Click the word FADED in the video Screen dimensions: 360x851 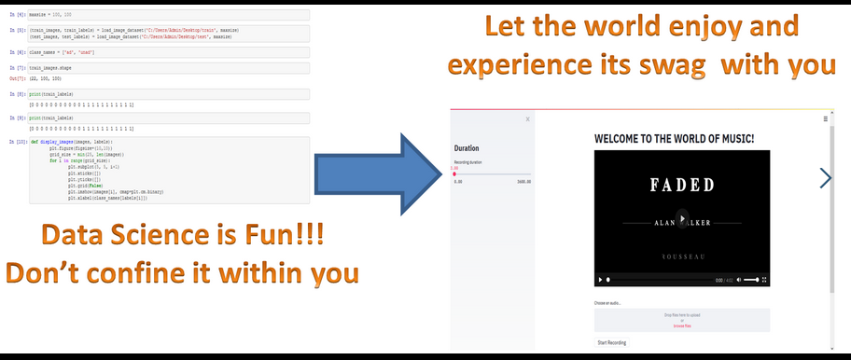point(680,185)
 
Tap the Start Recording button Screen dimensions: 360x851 point(612,342)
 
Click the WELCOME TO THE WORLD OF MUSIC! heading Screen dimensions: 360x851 point(674,139)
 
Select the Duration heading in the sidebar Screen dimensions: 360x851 point(467,148)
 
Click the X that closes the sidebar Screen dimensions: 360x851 point(527,119)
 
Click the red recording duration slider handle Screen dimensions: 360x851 point(454,174)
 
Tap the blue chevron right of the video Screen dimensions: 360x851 point(825,177)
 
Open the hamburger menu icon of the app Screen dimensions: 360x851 point(824,119)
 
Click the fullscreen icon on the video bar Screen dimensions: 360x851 point(765,280)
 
